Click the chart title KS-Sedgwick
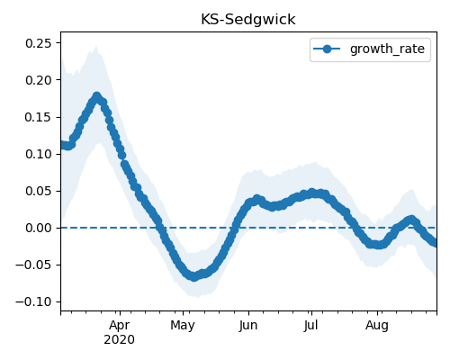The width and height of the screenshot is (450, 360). (x=248, y=20)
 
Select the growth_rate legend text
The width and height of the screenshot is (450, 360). (x=387, y=49)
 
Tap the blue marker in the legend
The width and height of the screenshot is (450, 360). (x=327, y=49)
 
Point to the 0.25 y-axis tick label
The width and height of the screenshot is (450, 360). (x=39, y=43)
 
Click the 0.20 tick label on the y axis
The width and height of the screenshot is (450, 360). (x=39, y=80)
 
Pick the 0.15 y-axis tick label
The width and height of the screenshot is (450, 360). (x=39, y=117)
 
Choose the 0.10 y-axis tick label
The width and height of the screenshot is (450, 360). (x=39, y=154)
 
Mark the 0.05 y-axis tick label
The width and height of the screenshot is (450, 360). (x=39, y=191)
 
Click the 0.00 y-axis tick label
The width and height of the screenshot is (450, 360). (x=39, y=228)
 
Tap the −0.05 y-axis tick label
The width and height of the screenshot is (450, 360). (x=33, y=265)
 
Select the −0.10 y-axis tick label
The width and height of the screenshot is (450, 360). (x=33, y=301)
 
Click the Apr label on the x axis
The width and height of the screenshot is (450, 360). (x=120, y=326)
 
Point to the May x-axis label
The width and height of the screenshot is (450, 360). (x=183, y=326)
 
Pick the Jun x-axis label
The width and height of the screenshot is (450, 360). (x=248, y=326)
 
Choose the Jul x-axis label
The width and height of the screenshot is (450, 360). (x=310, y=326)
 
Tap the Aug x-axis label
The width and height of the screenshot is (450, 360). (x=377, y=326)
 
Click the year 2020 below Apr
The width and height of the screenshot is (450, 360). (x=119, y=340)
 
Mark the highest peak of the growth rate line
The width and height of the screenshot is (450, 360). (x=96, y=96)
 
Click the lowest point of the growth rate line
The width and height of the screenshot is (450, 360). (x=194, y=276)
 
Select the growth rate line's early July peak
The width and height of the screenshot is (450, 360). (x=312, y=193)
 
